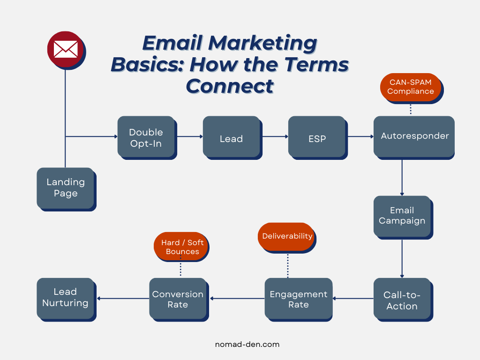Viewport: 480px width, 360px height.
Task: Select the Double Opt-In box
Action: [146, 137]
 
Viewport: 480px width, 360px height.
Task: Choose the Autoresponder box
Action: [414, 136]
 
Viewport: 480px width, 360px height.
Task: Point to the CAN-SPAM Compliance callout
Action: [411, 87]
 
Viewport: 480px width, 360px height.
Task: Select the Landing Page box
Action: [66, 188]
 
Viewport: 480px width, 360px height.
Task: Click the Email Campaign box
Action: [402, 216]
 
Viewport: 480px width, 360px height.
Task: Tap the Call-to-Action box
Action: [402, 300]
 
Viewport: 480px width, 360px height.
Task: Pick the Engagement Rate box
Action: [298, 299]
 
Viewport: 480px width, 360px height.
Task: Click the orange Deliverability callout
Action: [287, 236]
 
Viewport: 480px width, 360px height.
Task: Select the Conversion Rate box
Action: [178, 299]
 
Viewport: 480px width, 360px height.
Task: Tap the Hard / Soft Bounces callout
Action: [182, 247]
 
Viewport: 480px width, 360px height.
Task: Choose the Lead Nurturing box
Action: [65, 298]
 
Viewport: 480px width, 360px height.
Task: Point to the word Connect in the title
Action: [230, 86]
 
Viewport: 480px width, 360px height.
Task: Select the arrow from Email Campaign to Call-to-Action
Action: [402, 257]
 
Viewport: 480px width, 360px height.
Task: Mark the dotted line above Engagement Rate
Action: [287, 265]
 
